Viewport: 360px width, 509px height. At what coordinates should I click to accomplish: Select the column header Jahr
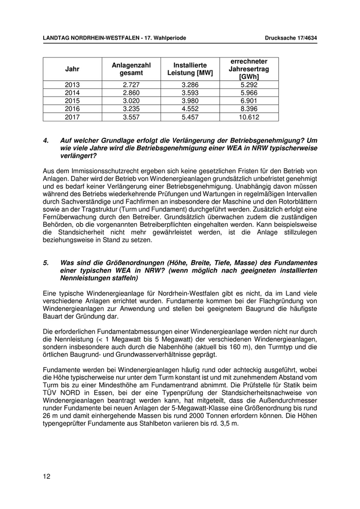coord(73,69)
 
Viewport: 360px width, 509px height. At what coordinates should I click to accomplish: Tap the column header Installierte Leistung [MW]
coord(190,69)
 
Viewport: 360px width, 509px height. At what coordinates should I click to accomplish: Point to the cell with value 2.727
coord(131,84)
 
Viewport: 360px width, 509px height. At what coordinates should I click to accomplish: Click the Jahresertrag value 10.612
coord(249,117)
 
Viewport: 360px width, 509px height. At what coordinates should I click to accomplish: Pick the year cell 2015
coord(73,101)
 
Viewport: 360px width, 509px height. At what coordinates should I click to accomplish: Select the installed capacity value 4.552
coord(190,109)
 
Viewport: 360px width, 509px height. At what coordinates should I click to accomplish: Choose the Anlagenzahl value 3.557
coord(131,117)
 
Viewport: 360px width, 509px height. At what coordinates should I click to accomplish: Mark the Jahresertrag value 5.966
coord(249,93)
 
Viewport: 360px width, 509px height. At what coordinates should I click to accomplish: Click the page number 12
coord(47,477)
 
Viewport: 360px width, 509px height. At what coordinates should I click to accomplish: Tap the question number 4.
coord(46,140)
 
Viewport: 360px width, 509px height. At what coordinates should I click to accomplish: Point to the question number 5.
coord(46,262)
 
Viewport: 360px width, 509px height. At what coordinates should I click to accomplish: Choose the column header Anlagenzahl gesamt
coord(131,69)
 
